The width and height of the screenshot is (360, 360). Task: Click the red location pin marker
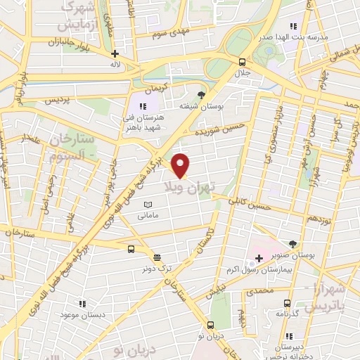[x=181, y=165]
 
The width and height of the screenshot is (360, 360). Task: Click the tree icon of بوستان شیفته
[x=202, y=94]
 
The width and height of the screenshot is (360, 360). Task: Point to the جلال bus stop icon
[x=243, y=62]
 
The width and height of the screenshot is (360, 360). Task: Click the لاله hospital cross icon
[x=115, y=53]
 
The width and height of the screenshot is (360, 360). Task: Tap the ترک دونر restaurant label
[x=155, y=268]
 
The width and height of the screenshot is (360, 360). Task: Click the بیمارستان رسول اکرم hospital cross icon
[x=259, y=259]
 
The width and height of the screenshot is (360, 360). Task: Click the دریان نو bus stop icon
[x=210, y=325]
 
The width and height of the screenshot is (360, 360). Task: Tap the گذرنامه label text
[x=287, y=312]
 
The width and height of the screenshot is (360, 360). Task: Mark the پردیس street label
[x=58, y=101]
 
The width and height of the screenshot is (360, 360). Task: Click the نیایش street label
[x=219, y=289]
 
